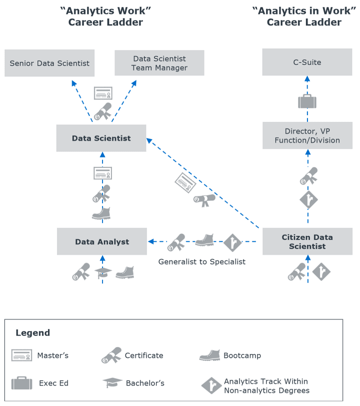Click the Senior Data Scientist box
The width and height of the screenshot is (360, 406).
pyautogui.click(x=49, y=63)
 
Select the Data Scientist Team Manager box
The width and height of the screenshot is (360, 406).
pyautogui.click(x=159, y=63)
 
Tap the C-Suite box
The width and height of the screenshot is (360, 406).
pyautogui.click(x=307, y=62)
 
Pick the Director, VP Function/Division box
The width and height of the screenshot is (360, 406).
pyautogui.click(x=307, y=135)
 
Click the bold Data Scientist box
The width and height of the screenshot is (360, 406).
pyautogui.click(x=101, y=138)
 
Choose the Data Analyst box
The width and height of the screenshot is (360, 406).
pyautogui.click(x=102, y=241)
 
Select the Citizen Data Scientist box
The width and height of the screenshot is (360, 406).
pyautogui.click(x=307, y=241)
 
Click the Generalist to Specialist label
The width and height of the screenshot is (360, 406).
pyautogui.click(x=202, y=261)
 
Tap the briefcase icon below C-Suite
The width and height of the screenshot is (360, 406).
pyautogui.click(x=307, y=101)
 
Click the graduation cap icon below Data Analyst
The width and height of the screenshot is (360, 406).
pyautogui.click(x=103, y=272)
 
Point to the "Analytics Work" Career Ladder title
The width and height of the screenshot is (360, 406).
pyautogui.click(x=105, y=16)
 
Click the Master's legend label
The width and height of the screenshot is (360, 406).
pyautogui.click(x=52, y=355)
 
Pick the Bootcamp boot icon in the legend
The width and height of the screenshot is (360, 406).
pyautogui.click(x=209, y=355)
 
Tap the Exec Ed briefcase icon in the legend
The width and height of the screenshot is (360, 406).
pyautogui.click(x=22, y=383)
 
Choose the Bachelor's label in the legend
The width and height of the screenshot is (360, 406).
pyautogui.click(x=145, y=383)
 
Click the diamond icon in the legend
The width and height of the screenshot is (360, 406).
pyautogui.click(x=211, y=385)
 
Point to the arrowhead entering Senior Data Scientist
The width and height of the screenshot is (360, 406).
pyautogui.click(x=74, y=82)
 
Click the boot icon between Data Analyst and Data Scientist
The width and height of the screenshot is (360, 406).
pyautogui.click(x=101, y=213)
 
